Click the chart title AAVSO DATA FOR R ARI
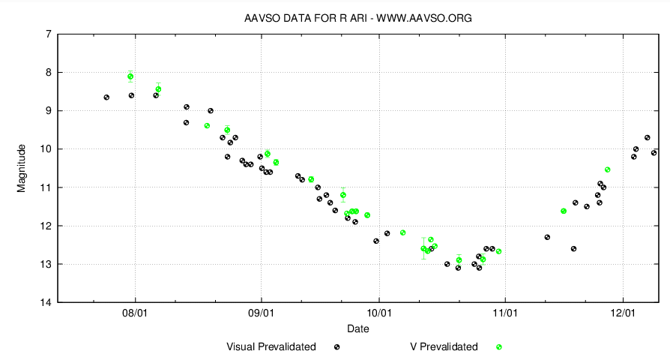tap(358, 17)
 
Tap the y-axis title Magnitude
tap(22, 168)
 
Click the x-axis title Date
tap(357, 328)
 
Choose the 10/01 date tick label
tap(379, 313)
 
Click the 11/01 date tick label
tap(505, 313)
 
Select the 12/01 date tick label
tap(624, 313)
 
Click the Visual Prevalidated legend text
tap(271, 347)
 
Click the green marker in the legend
tap(498, 347)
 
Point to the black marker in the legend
tap(337, 347)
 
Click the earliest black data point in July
tap(106, 97)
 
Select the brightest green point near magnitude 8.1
tap(130, 76)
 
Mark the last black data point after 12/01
tap(654, 153)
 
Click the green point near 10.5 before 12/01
tap(607, 169)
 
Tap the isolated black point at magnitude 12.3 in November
tap(547, 237)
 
